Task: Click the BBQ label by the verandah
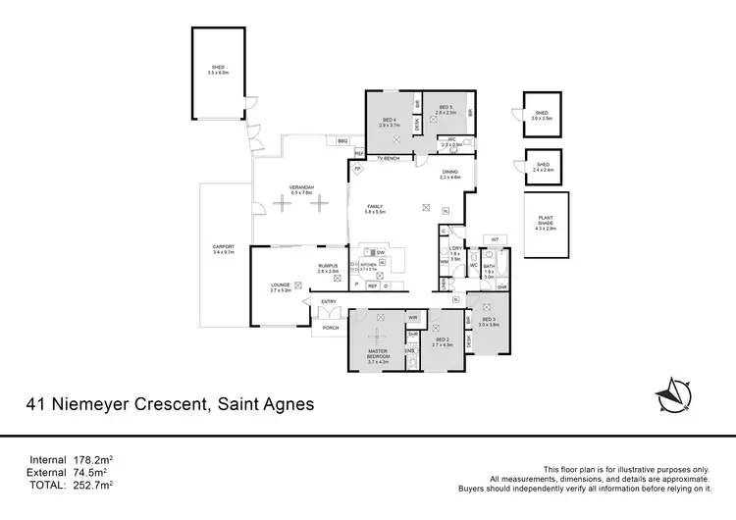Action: pyautogui.click(x=342, y=142)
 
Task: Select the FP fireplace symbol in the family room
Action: pyautogui.click(x=359, y=168)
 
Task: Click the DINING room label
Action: pyautogui.click(x=449, y=173)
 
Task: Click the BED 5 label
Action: pyautogui.click(x=444, y=107)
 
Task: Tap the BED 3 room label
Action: pyautogui.click(x=489, y=322)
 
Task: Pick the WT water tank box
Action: pyautogui.click(x=496, y=239)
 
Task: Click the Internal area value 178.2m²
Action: pyautogui.click(x=93, y=459)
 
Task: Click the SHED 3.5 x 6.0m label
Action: pyautogui.click(x=217, y=69)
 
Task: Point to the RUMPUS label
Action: pyautogui.click(x=328, y=267)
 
